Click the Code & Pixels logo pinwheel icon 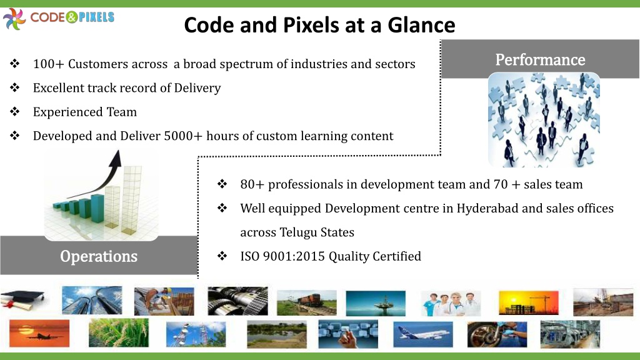click(14, 19)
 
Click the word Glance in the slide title click(421, 25)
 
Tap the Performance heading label click(540, 59)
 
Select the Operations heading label click(99, 256)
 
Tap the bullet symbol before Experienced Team click(15, 111)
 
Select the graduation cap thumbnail click(22, 301)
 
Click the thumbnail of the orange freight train click(306, 303)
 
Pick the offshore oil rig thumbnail click(376, 303)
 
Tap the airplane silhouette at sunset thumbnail click(39, 334)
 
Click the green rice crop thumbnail click(119, 333)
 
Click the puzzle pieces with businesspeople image click(544, 120)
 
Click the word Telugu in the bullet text click(298, 232)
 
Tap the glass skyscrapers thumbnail click(92, 300)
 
